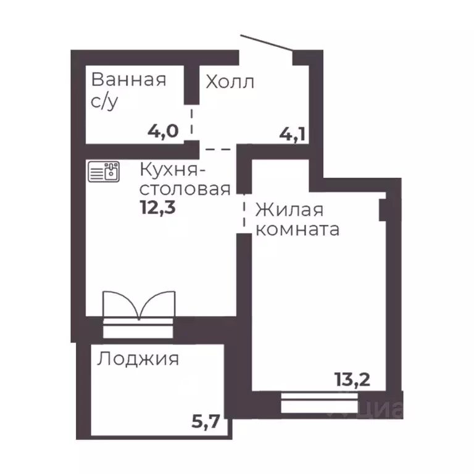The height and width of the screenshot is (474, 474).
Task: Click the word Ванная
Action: (128, 80)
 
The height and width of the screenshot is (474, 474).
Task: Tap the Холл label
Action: (230, 81)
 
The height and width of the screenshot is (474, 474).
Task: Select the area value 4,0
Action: (163, 131)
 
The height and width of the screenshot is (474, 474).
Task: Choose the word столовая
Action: (185, 188)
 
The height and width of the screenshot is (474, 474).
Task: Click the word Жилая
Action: (289, 210)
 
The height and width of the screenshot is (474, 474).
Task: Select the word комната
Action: (297, 230)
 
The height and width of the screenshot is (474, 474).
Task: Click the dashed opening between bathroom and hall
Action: (192, 123)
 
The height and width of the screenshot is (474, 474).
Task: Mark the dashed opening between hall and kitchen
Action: (218, 149)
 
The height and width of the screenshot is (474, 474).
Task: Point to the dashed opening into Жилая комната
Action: (244, 212)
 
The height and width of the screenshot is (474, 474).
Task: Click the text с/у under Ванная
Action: (104, 102)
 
